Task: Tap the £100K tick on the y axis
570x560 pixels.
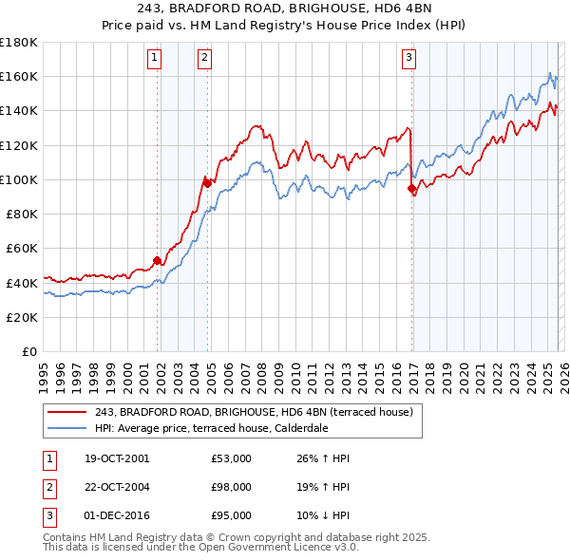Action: coord(19,179)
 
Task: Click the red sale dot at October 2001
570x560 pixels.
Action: coord(157,260)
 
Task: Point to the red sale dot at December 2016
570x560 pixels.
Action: coord(411,188)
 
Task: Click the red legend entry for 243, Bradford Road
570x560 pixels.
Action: coord(254,412)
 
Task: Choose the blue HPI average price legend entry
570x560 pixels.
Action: coord(224,428)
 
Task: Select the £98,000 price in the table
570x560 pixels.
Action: coord(232,487)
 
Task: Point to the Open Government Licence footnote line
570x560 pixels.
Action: coord(200,547)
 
